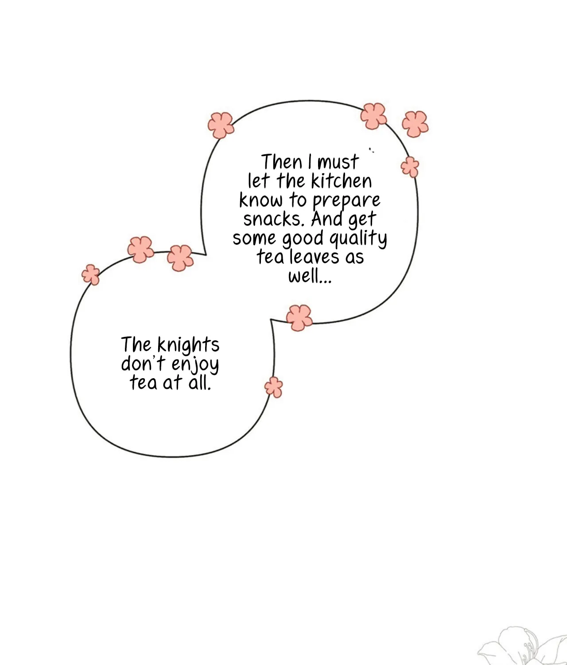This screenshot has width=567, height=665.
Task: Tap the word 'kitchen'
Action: pyautogui.click(x=342, y=181)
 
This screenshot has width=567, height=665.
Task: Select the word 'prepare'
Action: pyautogui.click(x=346, y=201)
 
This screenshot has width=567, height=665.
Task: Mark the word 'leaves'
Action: pyautogui.click(x=315, y=257)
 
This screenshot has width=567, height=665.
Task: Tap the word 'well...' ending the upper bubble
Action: pyautogui.click(x=310, y=276)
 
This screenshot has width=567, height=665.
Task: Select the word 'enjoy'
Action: pyautogui.click(x=195, y=365)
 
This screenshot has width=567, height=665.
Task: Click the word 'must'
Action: pyautogui.click(x=338, y=162)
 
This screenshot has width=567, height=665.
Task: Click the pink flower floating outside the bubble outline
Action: pyautogui.click(x=415, y=124)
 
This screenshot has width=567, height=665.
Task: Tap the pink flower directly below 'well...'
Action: pyautogui.click(x=299, y=318)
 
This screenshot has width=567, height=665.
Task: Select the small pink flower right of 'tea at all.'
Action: pyautogui.click(x=274, y=387)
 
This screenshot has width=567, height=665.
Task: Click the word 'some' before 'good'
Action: pyautogui.click(x=254, y=239)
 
